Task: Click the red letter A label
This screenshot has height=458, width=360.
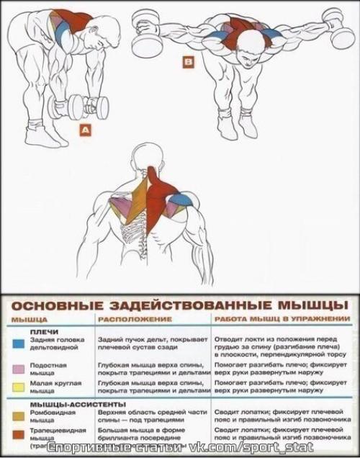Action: click(x=85, y=130)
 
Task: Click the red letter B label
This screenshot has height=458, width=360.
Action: click(x=189, y=63)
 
